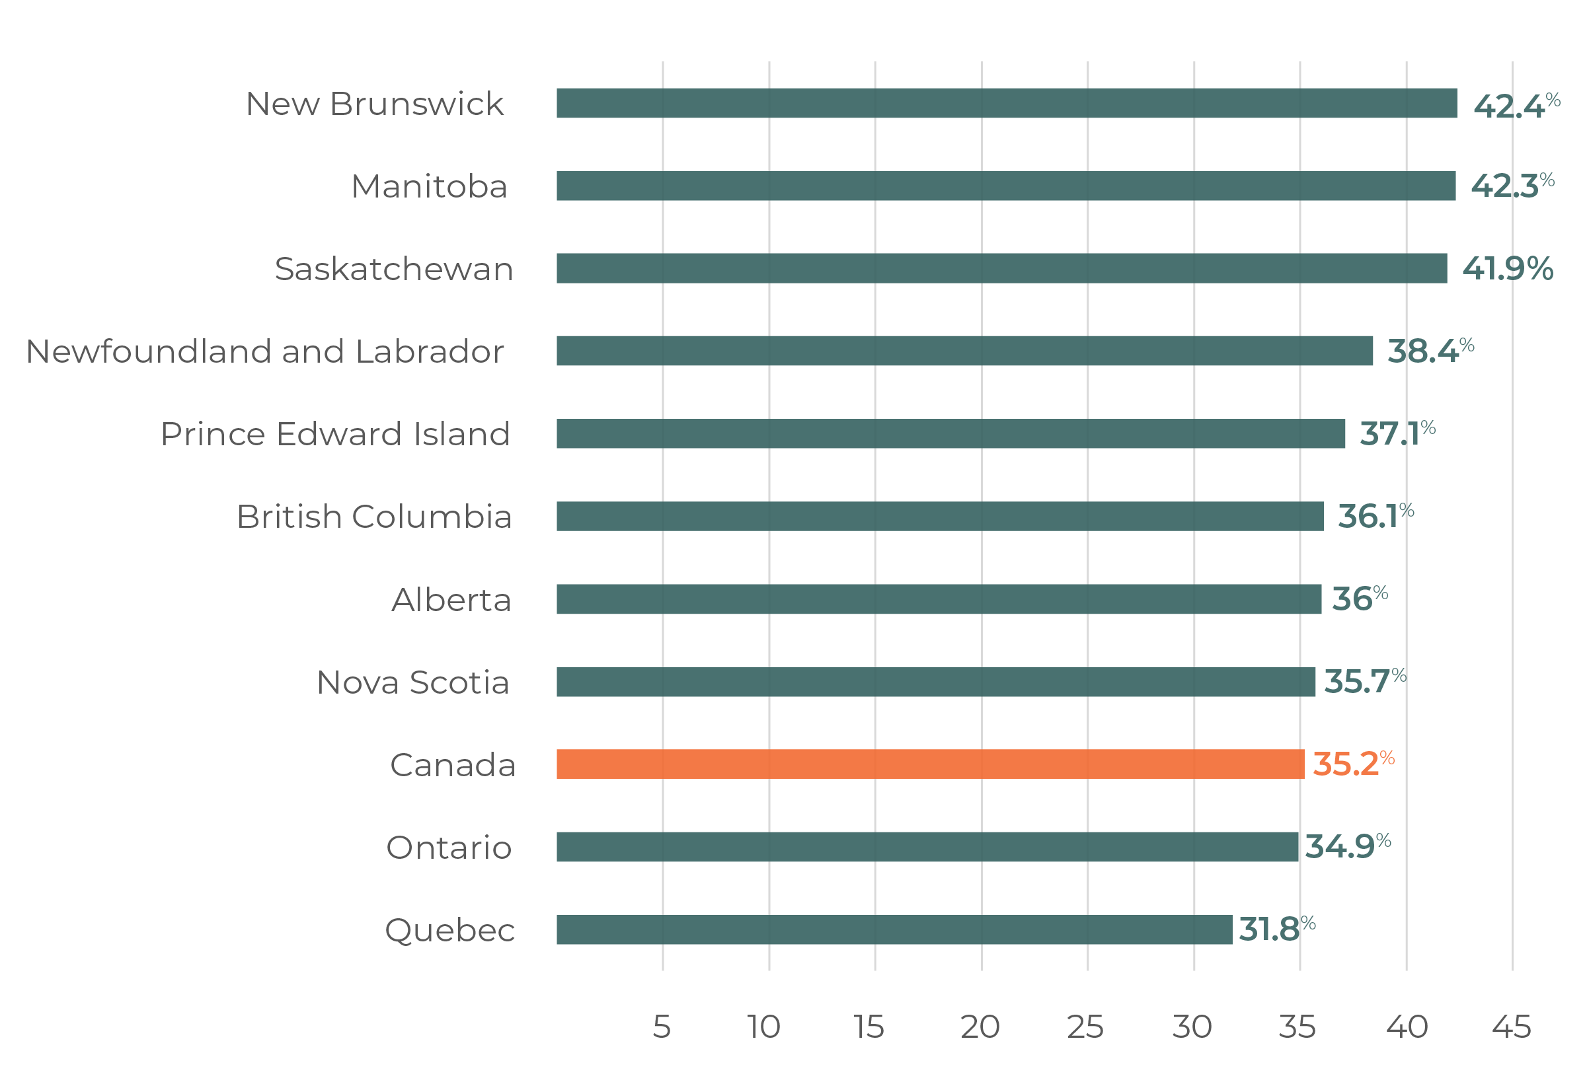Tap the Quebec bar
pos(894,929)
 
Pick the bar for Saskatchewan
pos(1001,268)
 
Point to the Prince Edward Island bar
pos(950,433)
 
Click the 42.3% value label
pos(1511,186)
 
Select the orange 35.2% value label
pos(1352,764)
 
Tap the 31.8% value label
pos(1276,929)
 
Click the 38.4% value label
pos(1430,351)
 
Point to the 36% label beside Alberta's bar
pos(1360,599)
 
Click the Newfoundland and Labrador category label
pos(265,351)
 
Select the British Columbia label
pos(373,517)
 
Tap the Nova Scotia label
pos(412,682)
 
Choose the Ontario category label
pos(449,848)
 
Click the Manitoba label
pos(429,186)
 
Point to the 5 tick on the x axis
pos(662,1027)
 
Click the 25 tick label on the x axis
pos(1085,1027)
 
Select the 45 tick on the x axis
pos(1511,1027)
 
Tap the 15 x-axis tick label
pos(869,1027)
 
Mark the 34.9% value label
pos(1347,847)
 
